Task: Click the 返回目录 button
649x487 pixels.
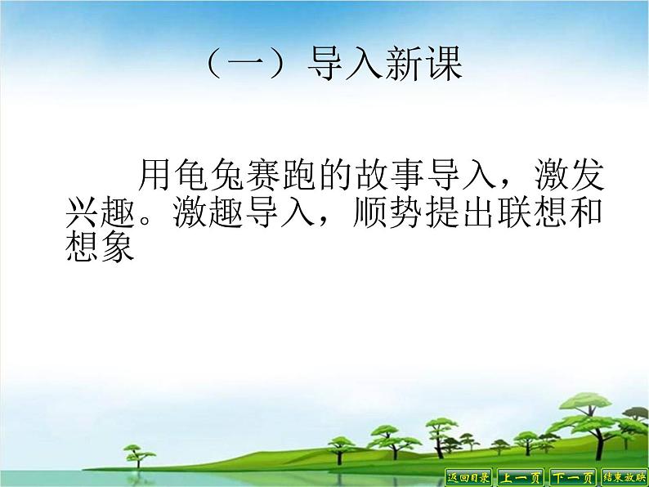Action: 469,477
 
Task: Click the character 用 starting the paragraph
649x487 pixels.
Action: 155,174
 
